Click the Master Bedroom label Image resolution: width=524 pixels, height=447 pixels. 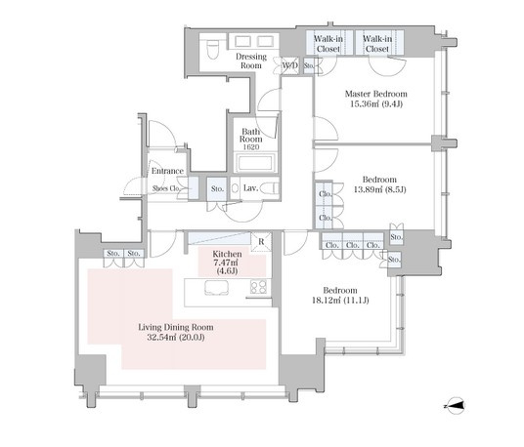click(x=376, y=94)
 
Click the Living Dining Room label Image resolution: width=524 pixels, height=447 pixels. click(x=176, y=327)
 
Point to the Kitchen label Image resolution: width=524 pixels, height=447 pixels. click(x=227, y=254)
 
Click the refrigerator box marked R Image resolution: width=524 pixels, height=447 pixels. click(x=261, y=241)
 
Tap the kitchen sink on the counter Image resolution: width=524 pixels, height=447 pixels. click(x=217, y=288)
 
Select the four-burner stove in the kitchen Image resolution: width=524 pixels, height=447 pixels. click(x=259, y=287)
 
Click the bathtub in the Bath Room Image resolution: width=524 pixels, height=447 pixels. click(x=255, y=163)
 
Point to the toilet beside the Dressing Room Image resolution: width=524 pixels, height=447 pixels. click(x=212, y=50)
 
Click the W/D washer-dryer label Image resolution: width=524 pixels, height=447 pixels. click(x=289, y=65)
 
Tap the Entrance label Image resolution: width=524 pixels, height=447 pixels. click(x=167, y=171)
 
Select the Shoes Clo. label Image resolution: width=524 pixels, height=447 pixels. click(x=166, y=188)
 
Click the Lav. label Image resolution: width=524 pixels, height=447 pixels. click(x=250, y=188)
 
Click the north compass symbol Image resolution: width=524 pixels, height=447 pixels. click(x=456, y=406)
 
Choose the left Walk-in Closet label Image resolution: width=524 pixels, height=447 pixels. click(x=328, y=44)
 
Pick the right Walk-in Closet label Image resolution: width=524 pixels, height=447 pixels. click(x=377, y=44)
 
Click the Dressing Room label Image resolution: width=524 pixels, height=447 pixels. click(x=251, y=61)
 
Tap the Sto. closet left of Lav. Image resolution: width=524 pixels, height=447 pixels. click(x=217, y=188)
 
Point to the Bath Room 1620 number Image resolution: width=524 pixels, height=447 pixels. click(x=251, y=147)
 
